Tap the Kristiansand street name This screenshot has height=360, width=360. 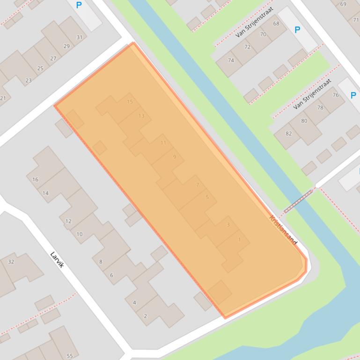click(x=283, y=230)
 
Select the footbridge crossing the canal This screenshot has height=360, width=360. click(x=298, y=201)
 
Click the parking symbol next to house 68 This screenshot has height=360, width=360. click(x=297, y=30)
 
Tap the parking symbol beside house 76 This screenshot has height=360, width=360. click(x=353, y=95)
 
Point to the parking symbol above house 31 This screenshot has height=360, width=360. click(x=79, y=6)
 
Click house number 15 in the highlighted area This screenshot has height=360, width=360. click(x=130, y=102)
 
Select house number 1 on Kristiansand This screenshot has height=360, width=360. click(x=239, y=240)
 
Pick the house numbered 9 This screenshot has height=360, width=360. click(x=175, y=157)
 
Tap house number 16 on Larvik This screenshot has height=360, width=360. click(x=36, y=180)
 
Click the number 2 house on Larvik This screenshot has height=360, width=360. click(x=145, y=316)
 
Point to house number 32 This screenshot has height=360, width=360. click(x=11, y=262)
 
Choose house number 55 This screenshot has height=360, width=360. click(x=69, y=356)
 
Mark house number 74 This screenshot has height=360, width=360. click(x=231, y=60)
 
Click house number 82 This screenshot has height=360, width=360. click(x=288, y=134)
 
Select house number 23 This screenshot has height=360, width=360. click(x=28, y=80)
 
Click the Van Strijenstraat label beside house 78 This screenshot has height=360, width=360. click(x=312, y=94)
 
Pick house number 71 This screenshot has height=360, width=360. click(x=356, y=20)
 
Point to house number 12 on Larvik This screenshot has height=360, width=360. click(x=68, y=221)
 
